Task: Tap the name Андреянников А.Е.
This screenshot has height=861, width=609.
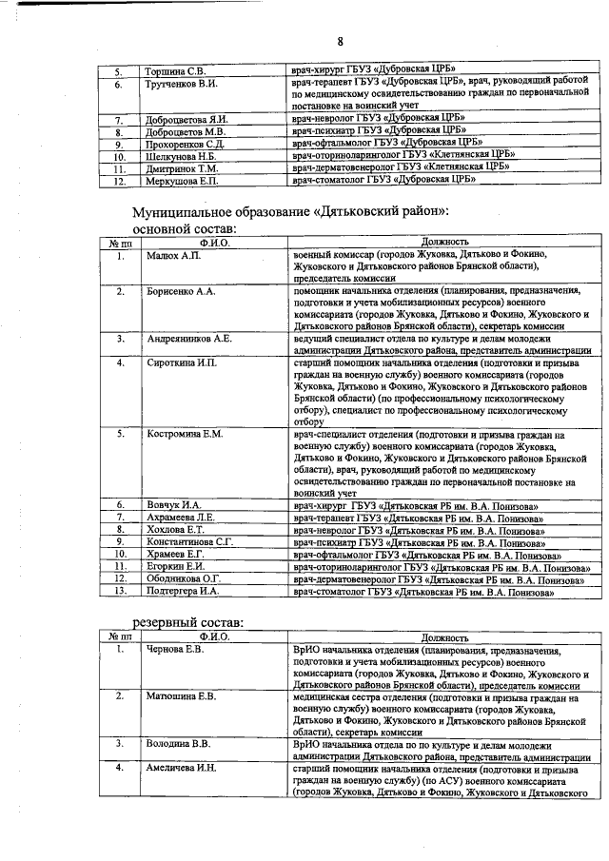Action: pyautogui.click(x=189, y=338)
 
